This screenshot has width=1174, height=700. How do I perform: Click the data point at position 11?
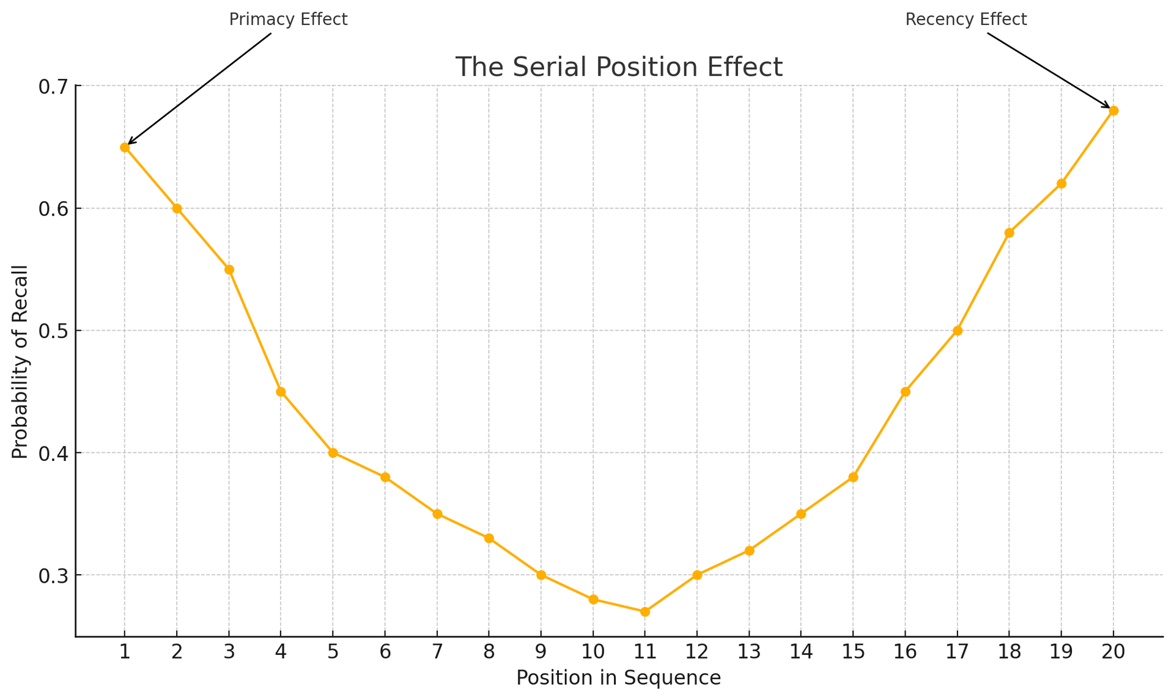(645, 611)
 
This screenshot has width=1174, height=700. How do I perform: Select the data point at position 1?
(125, 147)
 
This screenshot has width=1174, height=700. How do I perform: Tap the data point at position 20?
(1113, 111)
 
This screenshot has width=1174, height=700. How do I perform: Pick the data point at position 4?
(281, 392)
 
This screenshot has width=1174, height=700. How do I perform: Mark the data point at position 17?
(958, 331)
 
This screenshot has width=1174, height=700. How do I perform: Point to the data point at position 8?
(489, 539)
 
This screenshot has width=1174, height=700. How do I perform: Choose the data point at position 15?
(854, 477)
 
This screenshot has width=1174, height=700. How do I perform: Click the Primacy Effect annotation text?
(288, 20)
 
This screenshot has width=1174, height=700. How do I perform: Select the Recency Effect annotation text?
(966, 20)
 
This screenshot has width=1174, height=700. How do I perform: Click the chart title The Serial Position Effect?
(619, 67)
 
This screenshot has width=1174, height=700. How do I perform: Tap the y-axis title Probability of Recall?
(20, 362)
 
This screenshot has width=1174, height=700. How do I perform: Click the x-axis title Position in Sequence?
(619, 678)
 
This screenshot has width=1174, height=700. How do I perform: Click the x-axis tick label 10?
(593, 652)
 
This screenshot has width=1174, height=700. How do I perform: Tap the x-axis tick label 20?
(1113, 652)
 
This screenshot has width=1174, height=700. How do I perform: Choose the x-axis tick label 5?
(333, 652)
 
